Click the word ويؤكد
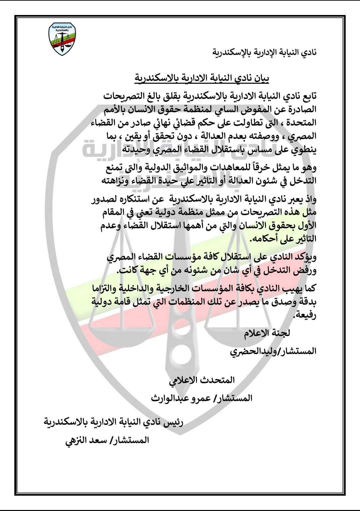coord(305,257)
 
